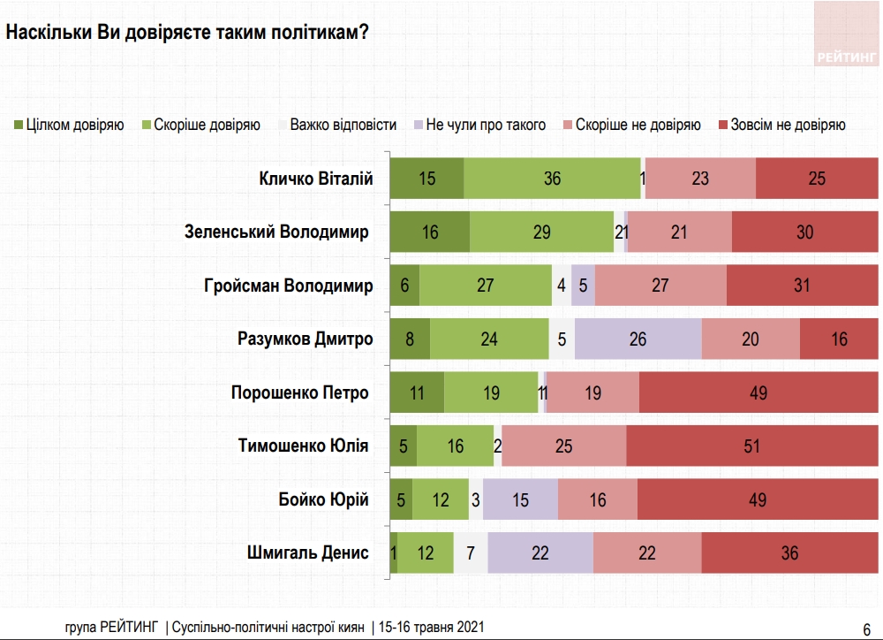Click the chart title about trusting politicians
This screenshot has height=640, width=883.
(x=187, y=32)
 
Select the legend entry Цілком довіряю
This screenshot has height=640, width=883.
(x=69, y=125)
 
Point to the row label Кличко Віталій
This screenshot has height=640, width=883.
(x=316, y=179)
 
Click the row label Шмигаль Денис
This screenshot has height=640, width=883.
(x=308, y=553)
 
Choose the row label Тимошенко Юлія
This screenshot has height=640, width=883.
(x=303, y=446)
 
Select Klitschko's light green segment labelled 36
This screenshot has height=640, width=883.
(x=553, y=179)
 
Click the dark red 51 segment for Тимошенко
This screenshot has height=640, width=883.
(x=751, y=446)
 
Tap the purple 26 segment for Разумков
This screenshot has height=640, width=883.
(x=638, y=339)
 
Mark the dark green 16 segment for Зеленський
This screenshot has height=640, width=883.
(x=430, y=232)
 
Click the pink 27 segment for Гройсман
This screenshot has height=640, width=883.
(x=660, y=286)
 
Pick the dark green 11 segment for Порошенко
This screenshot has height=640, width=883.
(x=417, y=392)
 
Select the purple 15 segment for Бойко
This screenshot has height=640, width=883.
(x=520, y=500)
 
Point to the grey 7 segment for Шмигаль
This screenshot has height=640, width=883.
(x=471, y=553)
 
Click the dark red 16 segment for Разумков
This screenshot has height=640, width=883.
(x=839, y=339)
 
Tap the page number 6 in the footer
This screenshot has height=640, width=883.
(x=865, y=626)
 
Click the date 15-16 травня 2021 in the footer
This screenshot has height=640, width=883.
(x=432, y=626)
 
